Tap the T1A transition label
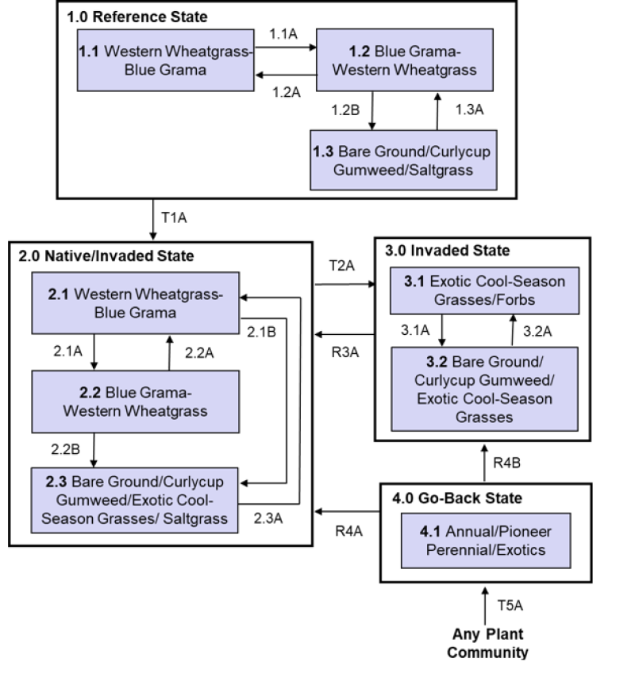click(175, 217)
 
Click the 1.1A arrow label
click(285, 34)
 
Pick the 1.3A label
click(468, 110)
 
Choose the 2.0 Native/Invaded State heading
click(106, 256)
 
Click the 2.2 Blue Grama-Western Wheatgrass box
click(136, 402)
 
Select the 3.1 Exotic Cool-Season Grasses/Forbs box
click(484, 291)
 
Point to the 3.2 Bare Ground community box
click(484, 387)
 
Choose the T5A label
click(510, 605)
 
